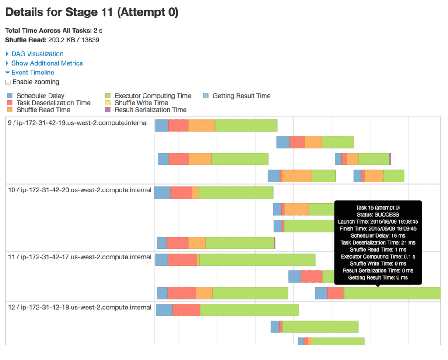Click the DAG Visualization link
pos(37,54)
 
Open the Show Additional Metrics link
pos(47,63)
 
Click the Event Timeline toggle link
pos(33,73)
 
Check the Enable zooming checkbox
pos(8,82)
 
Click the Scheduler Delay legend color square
pos(10,96)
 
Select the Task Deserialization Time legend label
pos(53,103)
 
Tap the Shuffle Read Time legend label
pos(43,110)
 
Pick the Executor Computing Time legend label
pos(153,96)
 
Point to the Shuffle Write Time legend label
pos(141,103)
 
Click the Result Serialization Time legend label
pos(150,110)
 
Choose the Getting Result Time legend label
pos(241,96)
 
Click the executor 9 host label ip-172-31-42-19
pos(78,123)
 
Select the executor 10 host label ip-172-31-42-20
pos(80,190)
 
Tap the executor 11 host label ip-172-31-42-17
pos(80,257)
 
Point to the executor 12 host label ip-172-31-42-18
pos(80,307)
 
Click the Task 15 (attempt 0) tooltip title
pos(378,207)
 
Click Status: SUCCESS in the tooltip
pos(378,214)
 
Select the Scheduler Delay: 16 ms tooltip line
pos(378,235)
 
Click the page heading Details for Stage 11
pos(92,13)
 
